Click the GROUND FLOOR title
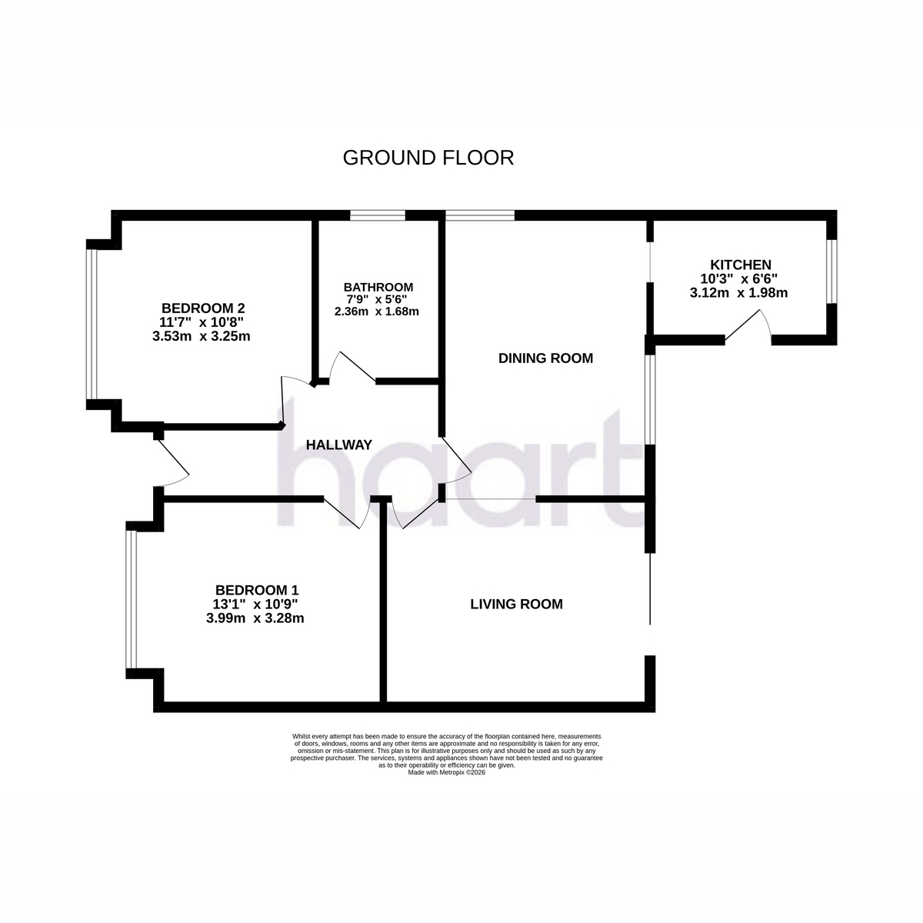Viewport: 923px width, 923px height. click(428, 158)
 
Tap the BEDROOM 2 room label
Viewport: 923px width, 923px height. click(203, 308)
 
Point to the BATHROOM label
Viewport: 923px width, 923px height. click(378, 288)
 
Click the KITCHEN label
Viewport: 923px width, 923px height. click(741, 265)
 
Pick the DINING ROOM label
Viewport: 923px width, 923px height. click(545, 358)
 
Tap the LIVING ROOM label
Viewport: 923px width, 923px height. click(516, 604)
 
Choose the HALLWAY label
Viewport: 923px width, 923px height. click(339, 445)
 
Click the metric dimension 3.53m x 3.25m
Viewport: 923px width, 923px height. click(202, 336)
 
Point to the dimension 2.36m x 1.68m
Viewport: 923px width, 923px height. click(376, 312)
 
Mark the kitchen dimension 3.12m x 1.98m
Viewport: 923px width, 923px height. click(738, 292)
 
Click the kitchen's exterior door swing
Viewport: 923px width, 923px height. click(748, 326)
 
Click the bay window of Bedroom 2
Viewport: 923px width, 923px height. click(92, 325)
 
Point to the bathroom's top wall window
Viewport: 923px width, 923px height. click(378, 215)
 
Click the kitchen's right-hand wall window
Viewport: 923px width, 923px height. click(833, 271)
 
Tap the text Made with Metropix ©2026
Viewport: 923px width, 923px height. click(446, 772)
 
